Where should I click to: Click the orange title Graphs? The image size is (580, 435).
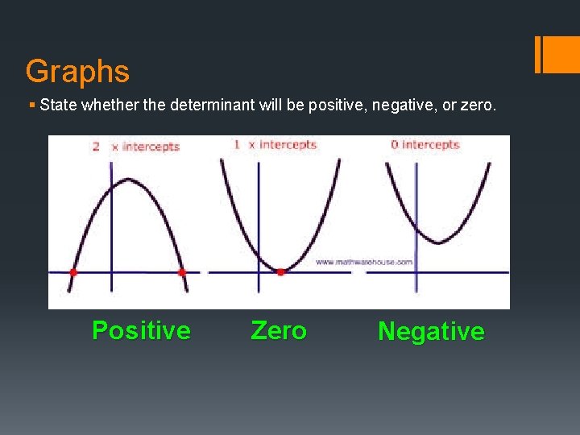point(77,72)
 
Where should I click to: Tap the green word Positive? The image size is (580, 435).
point(141,330)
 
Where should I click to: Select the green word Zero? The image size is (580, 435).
point(279,330)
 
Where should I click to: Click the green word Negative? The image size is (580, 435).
point(431,331)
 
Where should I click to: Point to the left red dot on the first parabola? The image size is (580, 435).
point(73,272)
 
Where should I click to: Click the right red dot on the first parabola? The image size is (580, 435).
point(181,272)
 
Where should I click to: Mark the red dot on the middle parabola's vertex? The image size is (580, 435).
point(280,272)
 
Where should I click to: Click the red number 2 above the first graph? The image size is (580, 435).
point(96,147)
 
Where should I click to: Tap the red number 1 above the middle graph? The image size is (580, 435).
point(237,145)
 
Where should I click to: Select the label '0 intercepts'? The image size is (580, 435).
point(425,145)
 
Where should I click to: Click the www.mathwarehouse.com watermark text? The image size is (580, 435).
point(363,262)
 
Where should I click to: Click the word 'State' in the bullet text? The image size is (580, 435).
point(56,105)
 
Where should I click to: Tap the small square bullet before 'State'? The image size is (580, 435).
point(31,105)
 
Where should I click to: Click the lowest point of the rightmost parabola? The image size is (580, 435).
point(436,241)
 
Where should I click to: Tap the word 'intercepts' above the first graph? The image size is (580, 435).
point(151,147)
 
